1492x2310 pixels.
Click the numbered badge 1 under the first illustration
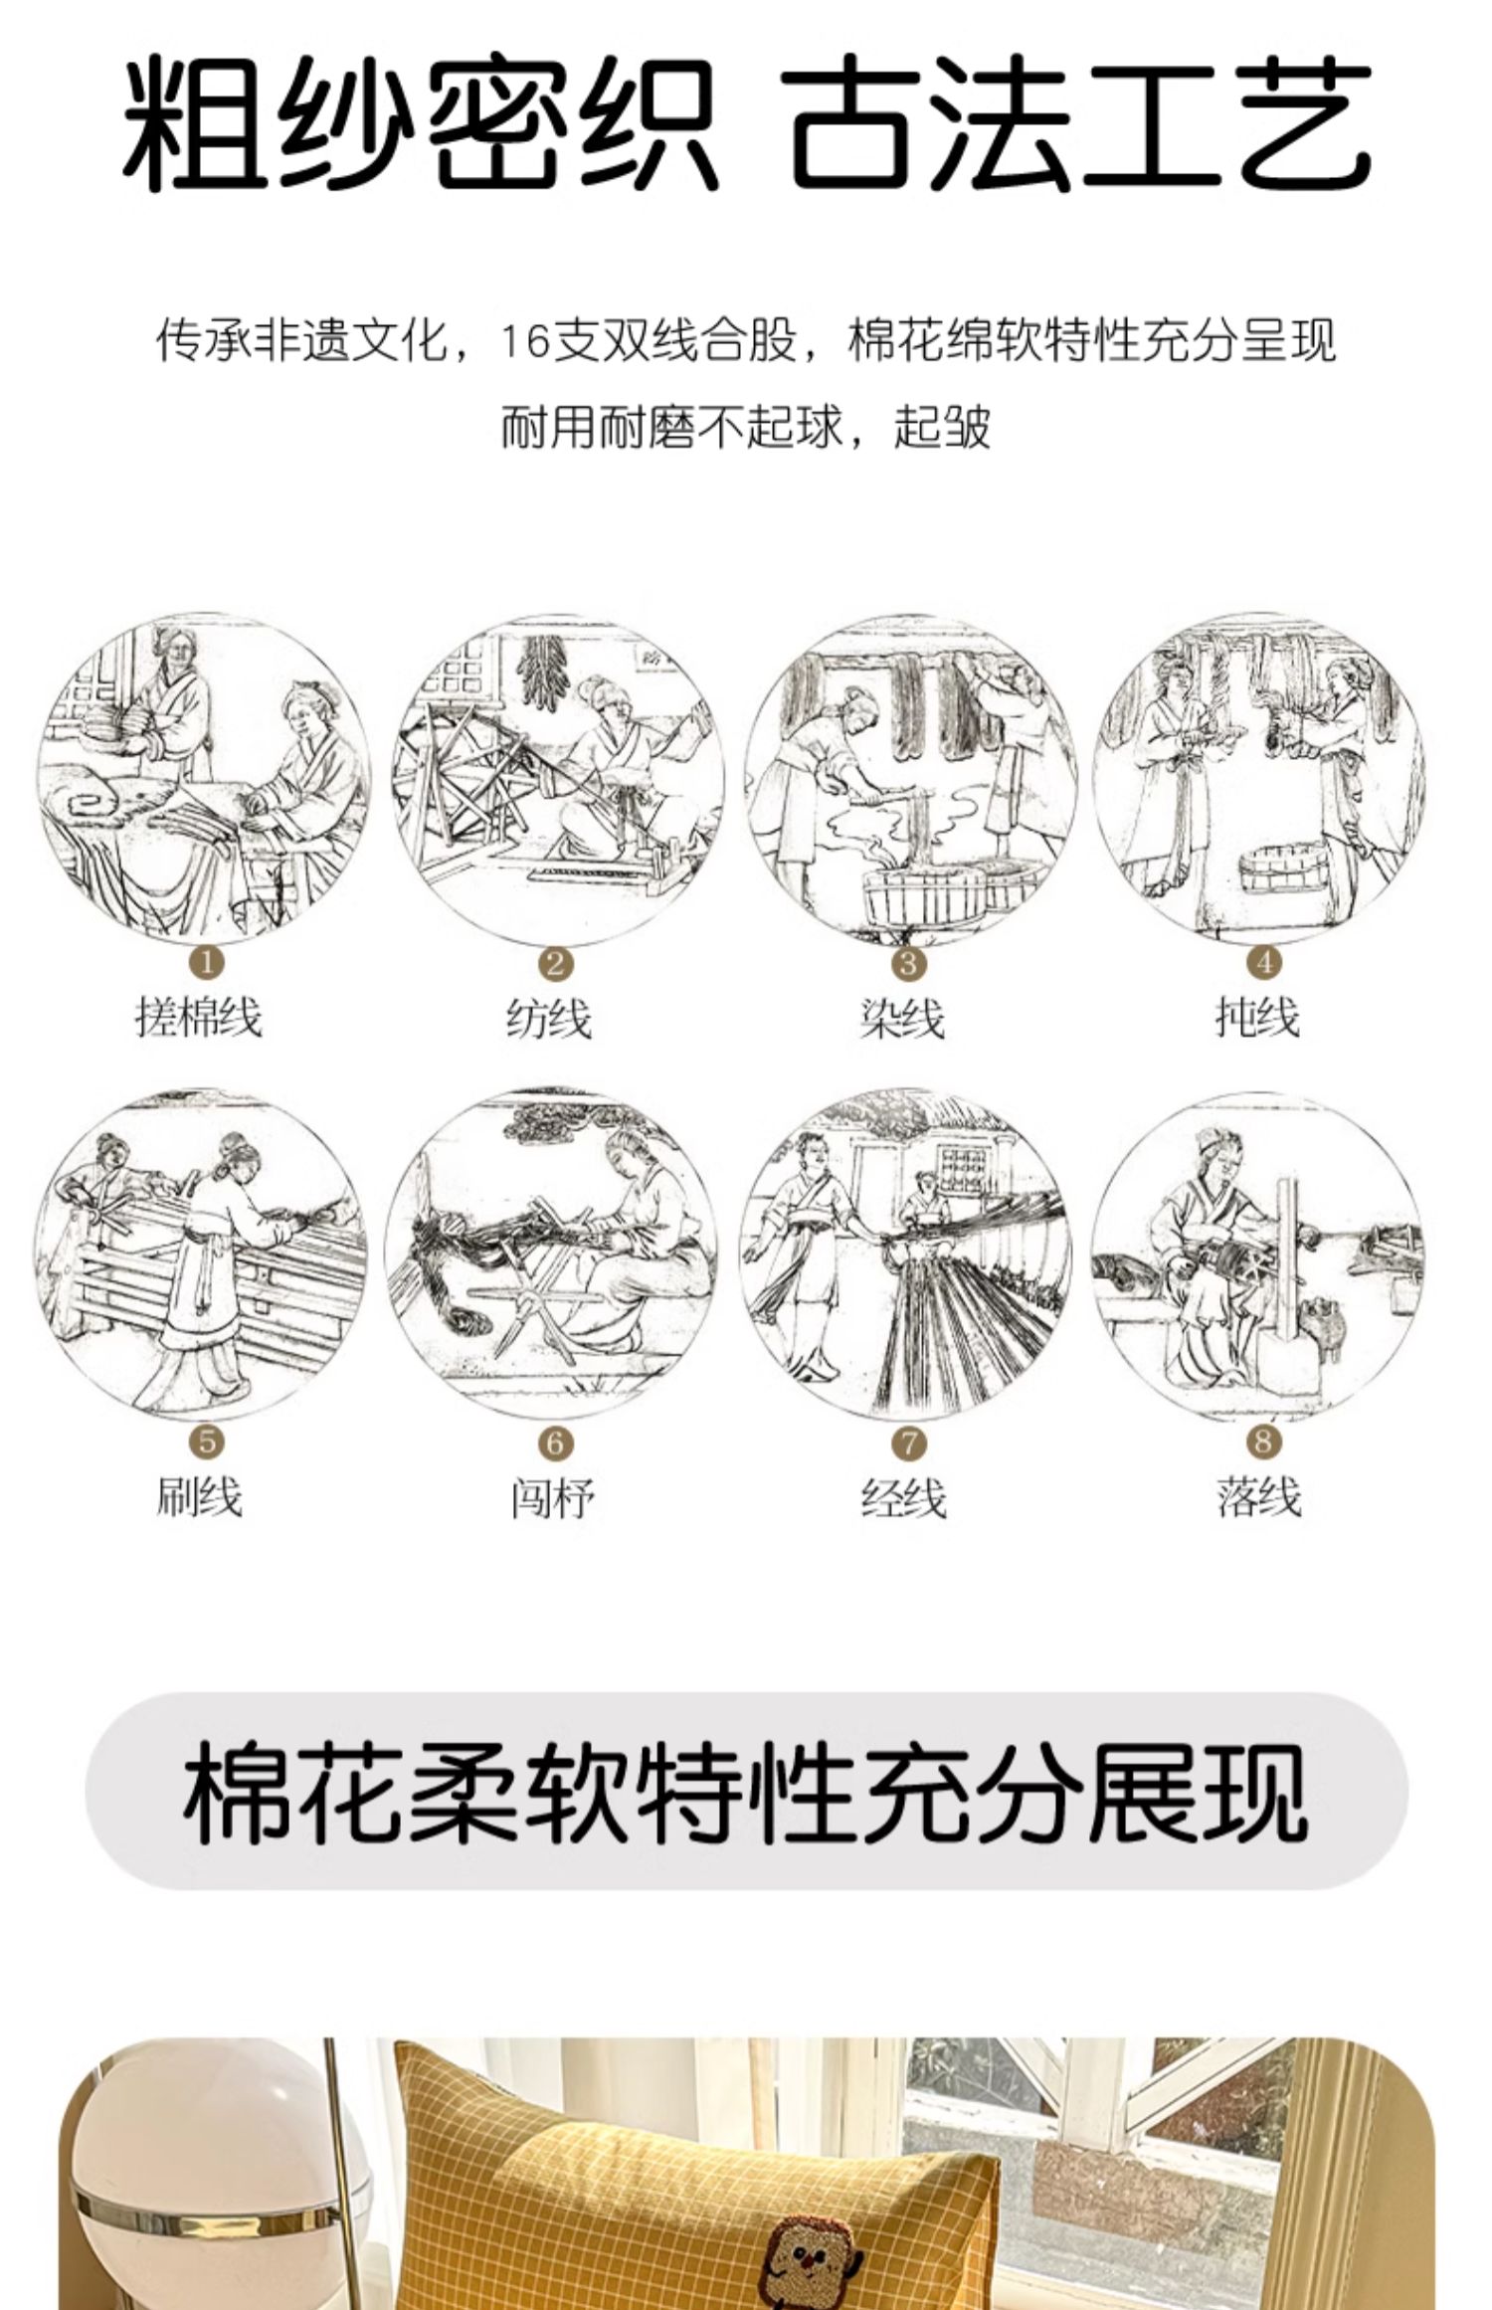(x=208, y=962)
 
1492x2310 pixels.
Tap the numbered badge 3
(x=909, y=962)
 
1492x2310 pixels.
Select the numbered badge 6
(x=556, y=1443)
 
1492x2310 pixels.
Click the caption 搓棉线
(x=199, y=1018)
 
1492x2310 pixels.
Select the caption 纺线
(x=549, y=1019)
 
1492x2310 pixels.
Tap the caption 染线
(x=902, y=1019)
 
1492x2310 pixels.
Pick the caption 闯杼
(x=553, y=1498)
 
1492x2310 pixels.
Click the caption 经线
(x=903, y=1498)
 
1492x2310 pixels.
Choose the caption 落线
(x=1258, y=1496)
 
